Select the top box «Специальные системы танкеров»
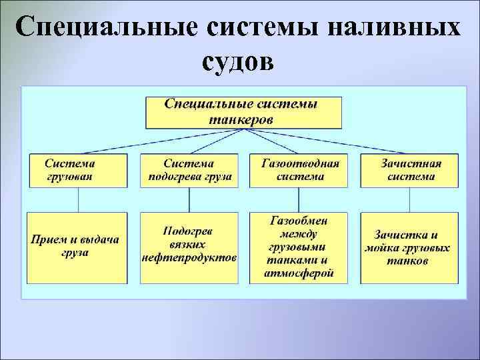(x=243, y=113)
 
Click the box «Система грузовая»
(x=78, y=170)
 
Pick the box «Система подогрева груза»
(x=189, y=170)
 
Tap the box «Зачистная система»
(x=409, y=170)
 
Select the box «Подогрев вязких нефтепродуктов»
(x=189, y=247)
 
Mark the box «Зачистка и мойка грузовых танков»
(x=409, y=247)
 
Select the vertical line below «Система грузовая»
(x=79, y=199)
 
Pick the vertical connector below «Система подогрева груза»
(x=189, y=199)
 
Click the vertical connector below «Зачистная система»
(x=409, y=199)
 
